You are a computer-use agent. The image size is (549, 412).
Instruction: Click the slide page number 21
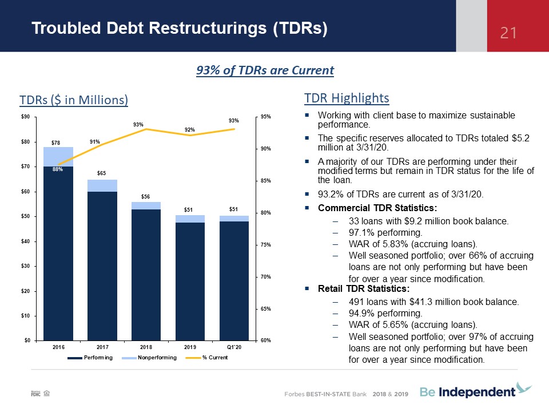click(x=508, y=33)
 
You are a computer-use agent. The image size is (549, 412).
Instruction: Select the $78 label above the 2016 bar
click(x=55, y=142)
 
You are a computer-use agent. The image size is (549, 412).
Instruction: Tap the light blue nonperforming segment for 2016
click(x=58, y=157)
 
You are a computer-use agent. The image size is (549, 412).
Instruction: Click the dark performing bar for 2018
click(x=146, y=275)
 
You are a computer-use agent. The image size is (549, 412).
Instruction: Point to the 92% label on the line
click(x=189, y=130)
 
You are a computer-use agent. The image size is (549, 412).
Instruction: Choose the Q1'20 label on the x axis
click(x=234, y=347)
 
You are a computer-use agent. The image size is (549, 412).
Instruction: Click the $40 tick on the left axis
click(x=26, y=241)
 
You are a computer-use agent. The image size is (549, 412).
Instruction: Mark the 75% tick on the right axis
click(x=265, y=244)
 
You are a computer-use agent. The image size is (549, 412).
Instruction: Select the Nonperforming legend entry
click(x=149, y=357)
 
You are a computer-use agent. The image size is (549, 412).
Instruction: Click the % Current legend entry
click(x=206, y=357)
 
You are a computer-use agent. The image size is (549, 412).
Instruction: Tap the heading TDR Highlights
click(x=347, y=98)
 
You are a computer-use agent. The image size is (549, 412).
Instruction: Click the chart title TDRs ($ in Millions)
click(x=74, y=100)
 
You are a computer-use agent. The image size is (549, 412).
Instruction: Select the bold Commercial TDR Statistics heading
click(x=377, y=208)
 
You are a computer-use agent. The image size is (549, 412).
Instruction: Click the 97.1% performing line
click(x=385, y=233)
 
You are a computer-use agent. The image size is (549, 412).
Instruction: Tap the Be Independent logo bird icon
click(x=524, y=388)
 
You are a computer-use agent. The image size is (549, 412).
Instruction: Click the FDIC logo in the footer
click(x=35, y=393)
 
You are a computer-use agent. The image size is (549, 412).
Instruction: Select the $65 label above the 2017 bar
click(x=101, y=173)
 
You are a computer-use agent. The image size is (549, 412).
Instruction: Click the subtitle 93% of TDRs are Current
click(x=265, y=70)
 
